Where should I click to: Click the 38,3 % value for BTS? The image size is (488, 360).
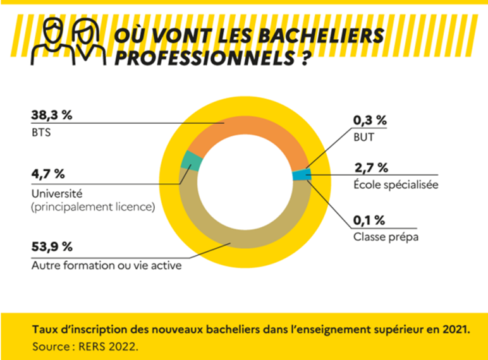point(52,116)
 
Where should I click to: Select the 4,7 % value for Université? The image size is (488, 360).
point(48,174)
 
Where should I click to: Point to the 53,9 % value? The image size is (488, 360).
point(52,247)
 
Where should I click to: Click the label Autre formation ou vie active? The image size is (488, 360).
point(106,265)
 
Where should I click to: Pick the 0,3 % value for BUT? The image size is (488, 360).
point(370,120)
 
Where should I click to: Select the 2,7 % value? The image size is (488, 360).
point(370,167)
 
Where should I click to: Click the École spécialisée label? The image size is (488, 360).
point(396,185)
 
